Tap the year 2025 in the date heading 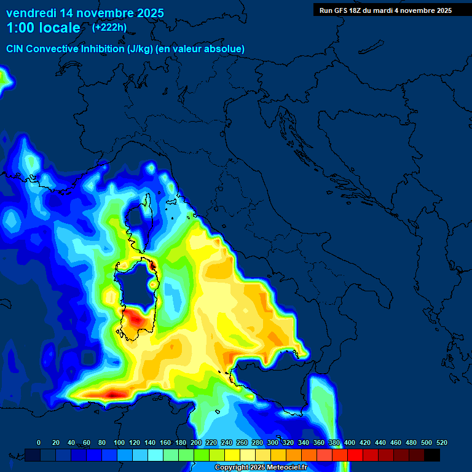tap(146, 13)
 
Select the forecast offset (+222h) tap(110, 28)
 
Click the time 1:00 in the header tap(20, 28)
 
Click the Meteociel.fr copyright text tap(261, 468)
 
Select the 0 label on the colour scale tap(39, 442)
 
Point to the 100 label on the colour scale tap(119, 442)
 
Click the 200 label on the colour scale tap(195, 442)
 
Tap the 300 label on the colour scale tap(273, 442)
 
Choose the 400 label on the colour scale tap(350, 442)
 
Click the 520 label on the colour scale tap(441, 442)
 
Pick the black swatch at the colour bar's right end tap(432, 455)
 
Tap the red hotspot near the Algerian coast tap(114, 392)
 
